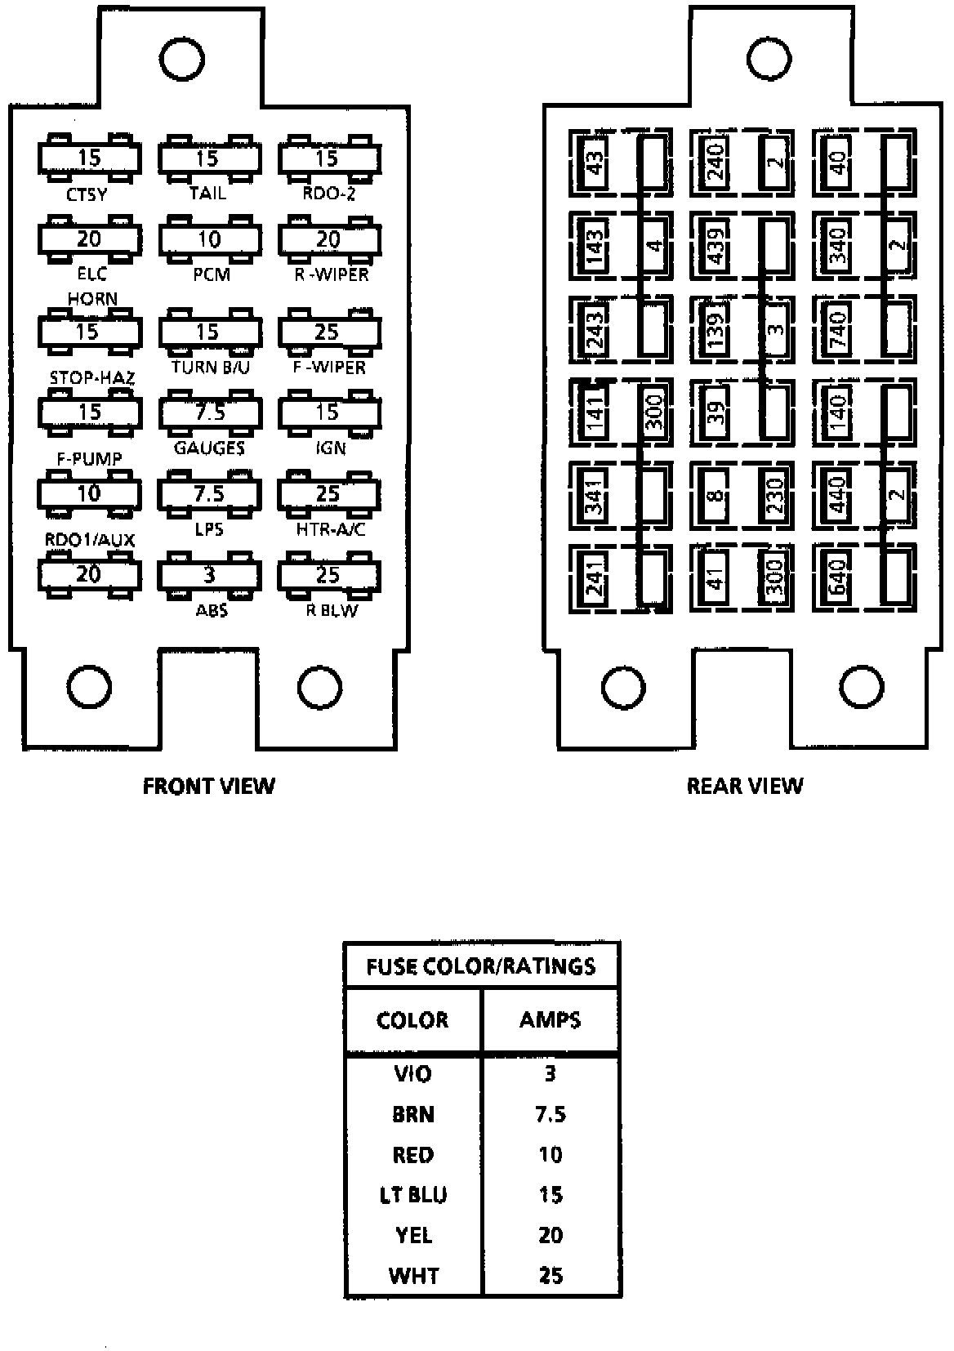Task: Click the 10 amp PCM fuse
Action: pyautogui.click(x=210, y=239)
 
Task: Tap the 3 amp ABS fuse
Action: pyautogui.click(x=210, y=575)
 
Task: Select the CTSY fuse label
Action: pyautogui.click(x=87, y=196)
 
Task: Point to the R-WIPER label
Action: pyautogui.click(x=332, y=274)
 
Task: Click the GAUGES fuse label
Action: pyautogui.click(x=210, y=448)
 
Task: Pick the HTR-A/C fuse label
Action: pyautogui.click(x=331, y=529)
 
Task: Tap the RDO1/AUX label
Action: pyautogui.click(x=90, y=541)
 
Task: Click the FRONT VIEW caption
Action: pyautogui.click(x=209, y=786)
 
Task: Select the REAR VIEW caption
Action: pyautogui.click(x=745, y=786)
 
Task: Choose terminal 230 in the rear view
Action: pyautogui.click(x=775, y=495)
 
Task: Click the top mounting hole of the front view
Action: pyautogui.click(x=182, y=58)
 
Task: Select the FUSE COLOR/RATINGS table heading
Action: pyautogui.click(x=481, y=967)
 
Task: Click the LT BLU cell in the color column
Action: pyautogui.click(x=413, y=1195)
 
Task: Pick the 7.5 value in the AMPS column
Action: pyautogui.click(x=551, y=1114)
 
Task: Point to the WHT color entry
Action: pyautogui.click(x=413, y=1275)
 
